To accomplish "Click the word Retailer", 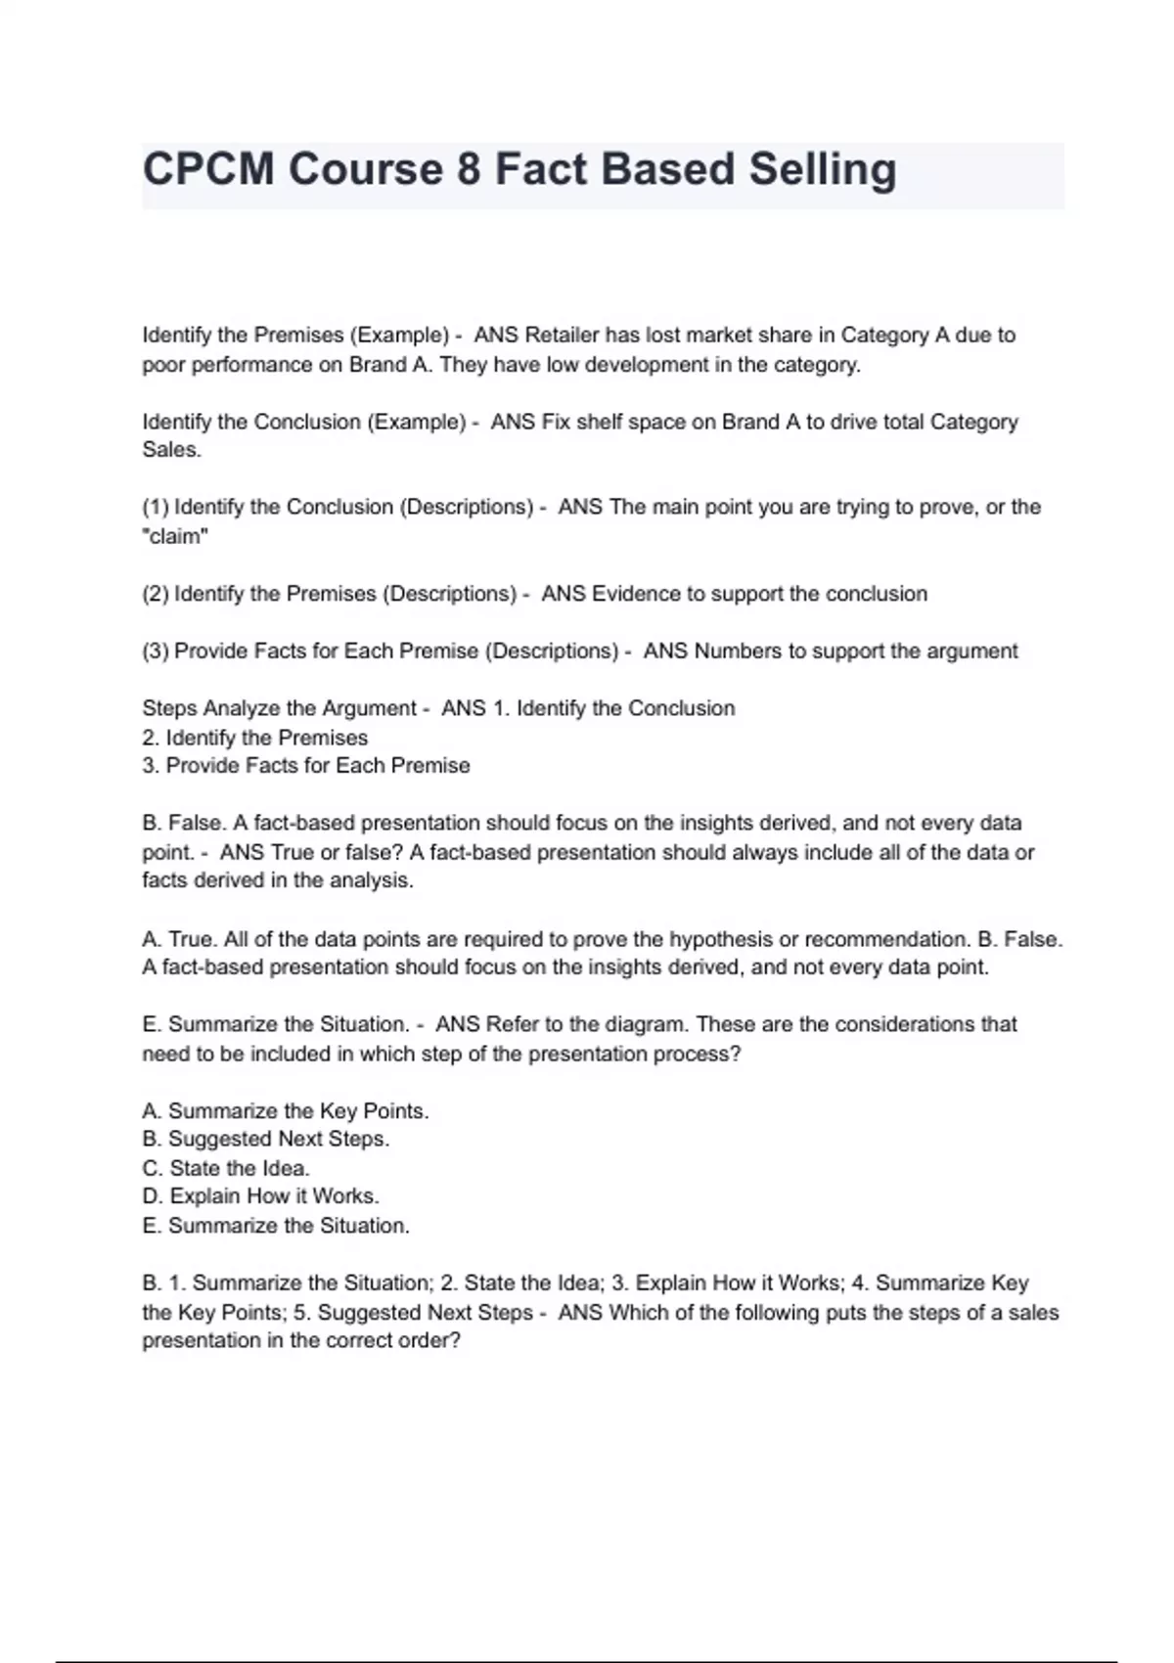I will [x=562, y=336].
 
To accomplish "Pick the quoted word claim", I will [x=176, y=536].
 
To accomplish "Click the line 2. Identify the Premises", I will [x=255, y=738].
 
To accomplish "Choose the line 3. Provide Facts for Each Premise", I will [x=306, y=766].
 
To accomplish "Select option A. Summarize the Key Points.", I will [x=286, y=1111].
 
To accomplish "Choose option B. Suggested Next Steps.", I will [x=266, y=1139].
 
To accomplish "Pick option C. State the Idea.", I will [x=226, y=1168].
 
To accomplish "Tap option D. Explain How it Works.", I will [x=261, y=1196].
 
